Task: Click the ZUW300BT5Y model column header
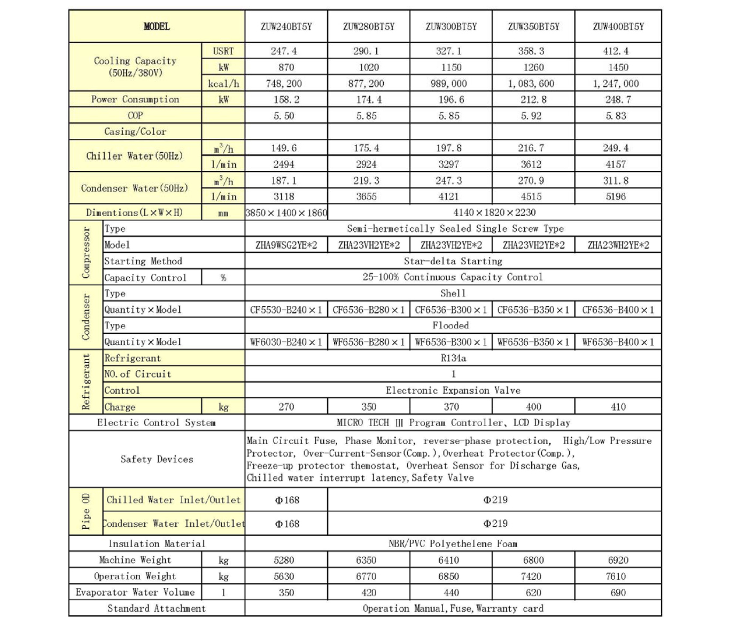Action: (451, 27)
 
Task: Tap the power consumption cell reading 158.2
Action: (286, 100)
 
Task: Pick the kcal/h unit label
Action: (223, 84)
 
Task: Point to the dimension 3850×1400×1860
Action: (286, 213)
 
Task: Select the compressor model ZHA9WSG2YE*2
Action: (286, 245)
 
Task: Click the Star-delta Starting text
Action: (453, 261)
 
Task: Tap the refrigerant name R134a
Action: (453, 358)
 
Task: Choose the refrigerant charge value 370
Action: (451, 407)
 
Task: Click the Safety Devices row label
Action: (157, 459)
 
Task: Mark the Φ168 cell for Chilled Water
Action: (287, 500)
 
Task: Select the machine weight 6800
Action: (533, 560)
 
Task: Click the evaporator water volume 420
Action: (369, 593)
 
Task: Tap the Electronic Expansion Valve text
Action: (453, 391)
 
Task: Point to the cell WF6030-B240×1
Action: (286, 342)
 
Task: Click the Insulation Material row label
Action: (157, 544)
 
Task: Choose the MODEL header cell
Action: (157, 27)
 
